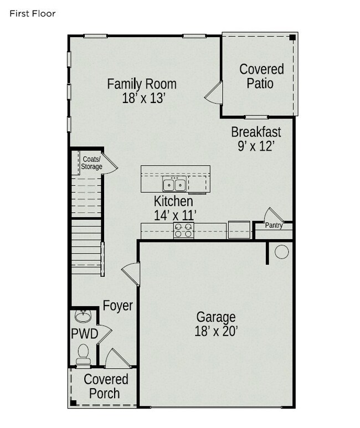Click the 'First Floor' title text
pyautogui.click(x=32, y=13)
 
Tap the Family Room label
pyautogui.click(x=142, y=84)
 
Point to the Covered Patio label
pyautogui.click(x=261, y=76)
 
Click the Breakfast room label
pyautogui.click(x=256, y=132)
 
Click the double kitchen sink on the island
pyautogui.click(x=173, y=184)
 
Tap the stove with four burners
pyautogui.click(x=184, y=230)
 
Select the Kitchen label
pyautogui.click(x=173, y=201)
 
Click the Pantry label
pyautogui.click(x=274, y=225)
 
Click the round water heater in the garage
pyautogui.click(x=282, y=252)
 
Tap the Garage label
pyautogui.click(x=216, y=317)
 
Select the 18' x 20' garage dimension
pyautogui.click(x=216, y=331)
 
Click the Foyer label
pyautogui.click(x=118, y=306)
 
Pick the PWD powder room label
pyautogui.click(x=84, y=334)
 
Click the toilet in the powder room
pyautogui.click(x=84, y=353)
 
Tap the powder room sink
pyautogui.click(x=83, y=317)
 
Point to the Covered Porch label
pyautogui.click(x=105, y=386)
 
